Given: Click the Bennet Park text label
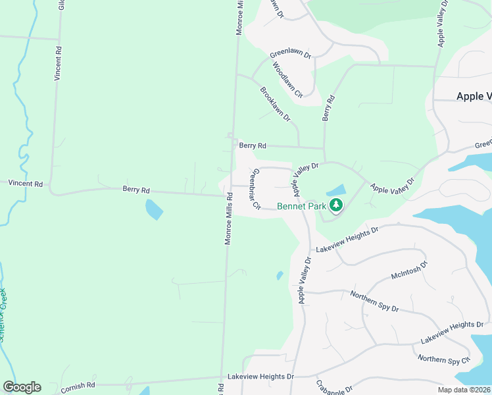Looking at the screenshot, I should (x=302, y=206).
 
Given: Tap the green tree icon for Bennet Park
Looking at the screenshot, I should (x=336, y=205).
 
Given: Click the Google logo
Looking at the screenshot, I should (x=22, y=387).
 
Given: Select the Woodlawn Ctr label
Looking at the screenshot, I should (x=287, y=78).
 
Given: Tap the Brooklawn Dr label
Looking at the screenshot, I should (x=275, y=104).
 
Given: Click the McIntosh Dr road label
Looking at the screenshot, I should (x=409, y=270).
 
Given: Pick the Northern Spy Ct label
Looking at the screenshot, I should (x=444, y=359).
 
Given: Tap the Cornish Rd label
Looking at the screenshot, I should (x=78, y=385).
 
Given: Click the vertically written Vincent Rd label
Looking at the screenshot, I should (x=59, y=63).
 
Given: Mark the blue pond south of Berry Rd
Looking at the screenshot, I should (x=153, y=210).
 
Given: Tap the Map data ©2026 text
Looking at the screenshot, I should (x=464, y=390).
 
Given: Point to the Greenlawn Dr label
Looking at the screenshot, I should (x=290, y=54).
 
